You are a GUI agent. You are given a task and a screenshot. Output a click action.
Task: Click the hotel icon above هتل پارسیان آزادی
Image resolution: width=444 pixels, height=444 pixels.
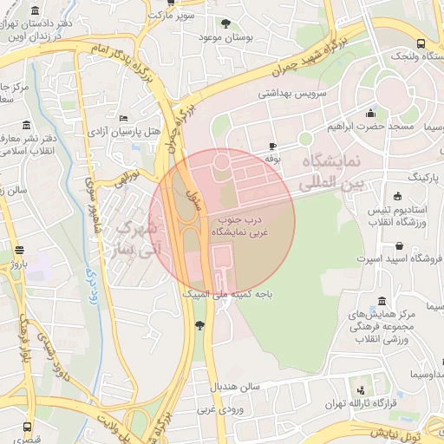point(124,118)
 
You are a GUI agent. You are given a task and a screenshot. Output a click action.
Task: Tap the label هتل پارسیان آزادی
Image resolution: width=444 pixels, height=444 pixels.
point(124,133)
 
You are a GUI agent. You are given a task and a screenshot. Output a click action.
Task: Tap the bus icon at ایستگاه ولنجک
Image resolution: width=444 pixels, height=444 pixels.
point(421,43)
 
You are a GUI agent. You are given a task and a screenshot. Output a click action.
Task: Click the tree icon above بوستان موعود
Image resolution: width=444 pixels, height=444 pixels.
point(229,23)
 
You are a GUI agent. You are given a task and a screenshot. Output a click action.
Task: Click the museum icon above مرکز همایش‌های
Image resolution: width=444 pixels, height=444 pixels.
point(382,301)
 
